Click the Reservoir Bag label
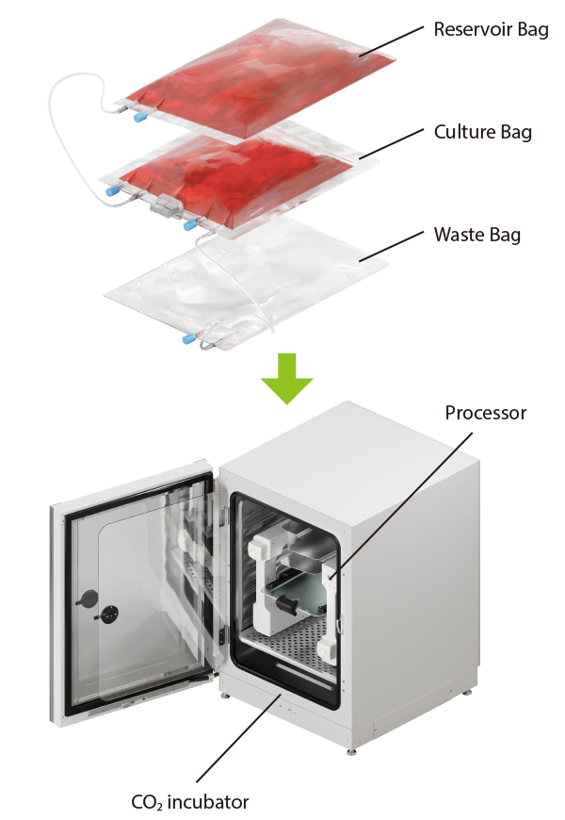tap(491, 29)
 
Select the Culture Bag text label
tap(482, 132)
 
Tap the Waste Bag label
tap(476, 234)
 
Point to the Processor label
tap(485, 413)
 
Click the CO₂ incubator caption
tap(190, 802)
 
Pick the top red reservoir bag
tap(254, 85)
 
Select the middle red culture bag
tap(235, 174)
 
